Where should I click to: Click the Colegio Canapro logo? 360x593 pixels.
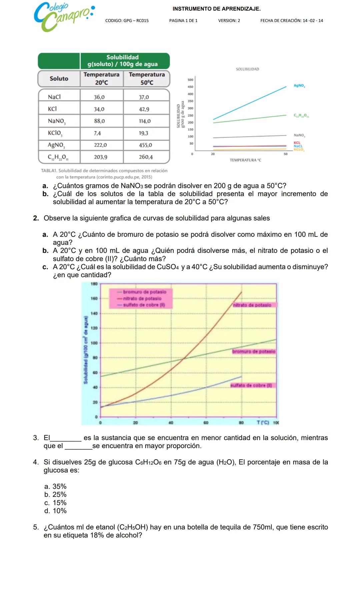(63, 17)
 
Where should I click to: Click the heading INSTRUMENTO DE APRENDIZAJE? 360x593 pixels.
(216, 9)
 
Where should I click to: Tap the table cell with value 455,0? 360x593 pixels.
(145, 145)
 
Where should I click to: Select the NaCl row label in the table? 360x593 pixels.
(54, 97)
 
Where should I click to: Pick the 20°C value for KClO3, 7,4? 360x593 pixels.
(97, 133)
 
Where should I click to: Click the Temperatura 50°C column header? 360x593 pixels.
(147, 79)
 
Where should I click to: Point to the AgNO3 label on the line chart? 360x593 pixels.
(299, 86)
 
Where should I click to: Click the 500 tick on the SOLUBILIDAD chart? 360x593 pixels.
(190, 80)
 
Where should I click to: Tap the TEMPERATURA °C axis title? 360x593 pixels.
(245, 160)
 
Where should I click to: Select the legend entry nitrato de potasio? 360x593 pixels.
(142, 299)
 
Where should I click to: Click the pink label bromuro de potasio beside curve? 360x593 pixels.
(254, 352)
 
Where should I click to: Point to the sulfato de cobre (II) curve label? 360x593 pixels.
(252, 386)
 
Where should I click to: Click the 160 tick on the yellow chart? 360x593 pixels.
(94, 299)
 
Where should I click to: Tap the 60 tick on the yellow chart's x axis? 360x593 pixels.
(206, 423)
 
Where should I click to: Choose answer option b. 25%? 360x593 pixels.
(55, 495)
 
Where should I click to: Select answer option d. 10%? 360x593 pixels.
(55, 511)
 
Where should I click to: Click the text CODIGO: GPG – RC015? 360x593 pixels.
(127, 21)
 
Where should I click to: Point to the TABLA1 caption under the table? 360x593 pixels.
(104, 174)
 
